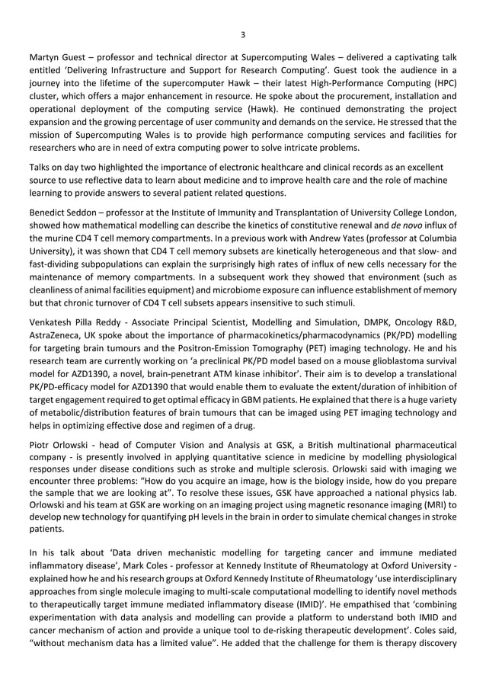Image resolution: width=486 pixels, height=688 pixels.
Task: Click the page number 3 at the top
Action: pos(242,34)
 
